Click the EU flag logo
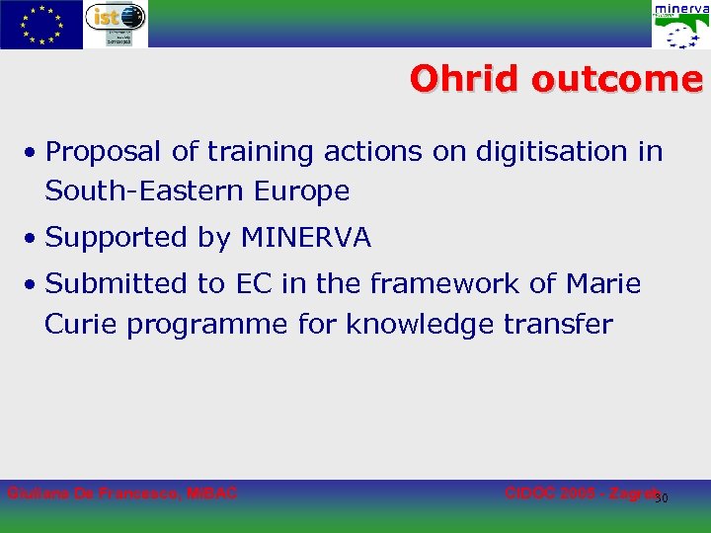(40, 25)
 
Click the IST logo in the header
(115, 24)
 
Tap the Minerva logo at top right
(679, 25)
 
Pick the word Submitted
(118, 284)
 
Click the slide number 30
(662, 497)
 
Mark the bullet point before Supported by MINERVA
(33, 239)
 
